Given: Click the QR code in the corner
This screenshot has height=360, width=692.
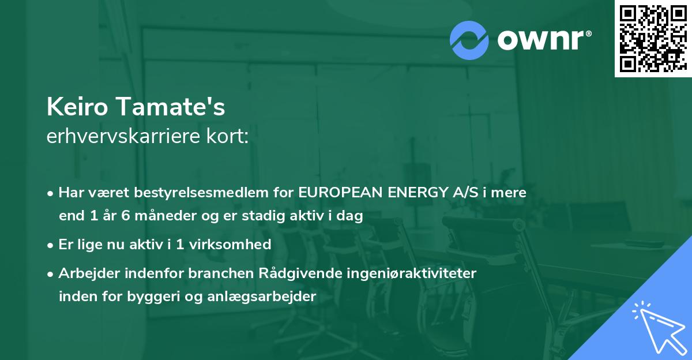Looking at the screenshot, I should pyautogui.click(x=653, y=39).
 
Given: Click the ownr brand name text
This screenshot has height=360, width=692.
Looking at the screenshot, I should pyautogui.click(x=544, y=40).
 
